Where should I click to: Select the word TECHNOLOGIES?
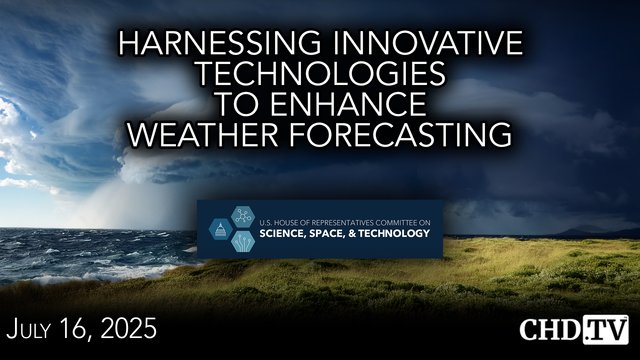pyautogui.click(x=321, y=73)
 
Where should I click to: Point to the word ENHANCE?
pyautogui.click(x=348, y=104)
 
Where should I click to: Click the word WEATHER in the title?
pyautogui.click(x=203, y=135)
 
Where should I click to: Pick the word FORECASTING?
pyautogui.click(x=400, y=135)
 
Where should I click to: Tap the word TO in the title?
pyautogui.click(x=237, y=104)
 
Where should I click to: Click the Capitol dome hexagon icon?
pyautogui.click(x=220, y=229)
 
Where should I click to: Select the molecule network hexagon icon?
pyautogui.click(x=243, y=217)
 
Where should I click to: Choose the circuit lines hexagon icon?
pyautogui.click(x=243, y=242)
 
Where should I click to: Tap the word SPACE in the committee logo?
pyautogui.click(x=327, y=233)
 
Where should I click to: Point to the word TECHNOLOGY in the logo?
pyautogui.click(x=394, y=233)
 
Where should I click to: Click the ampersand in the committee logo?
pyautogui.click(x=352, y=233)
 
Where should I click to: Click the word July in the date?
pyautogui.click(x=29, y=329)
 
